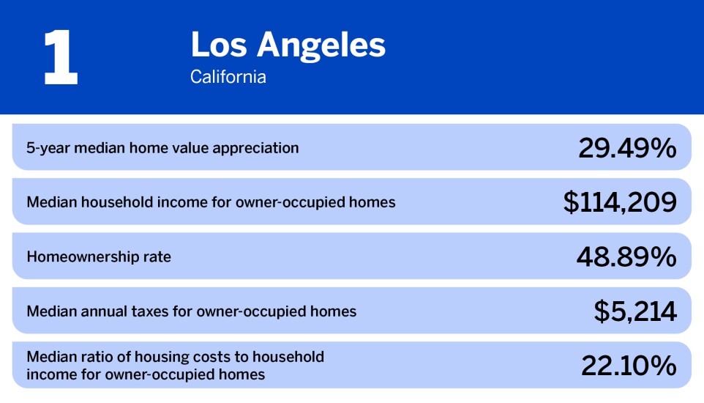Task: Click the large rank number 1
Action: point(61,59)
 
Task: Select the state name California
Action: point(228,76)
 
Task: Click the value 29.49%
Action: point(627,148)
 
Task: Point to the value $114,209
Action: point(620,202)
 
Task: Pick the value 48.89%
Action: point(627,256)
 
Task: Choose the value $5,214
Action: point(635,311)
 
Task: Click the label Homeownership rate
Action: point(99,257)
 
